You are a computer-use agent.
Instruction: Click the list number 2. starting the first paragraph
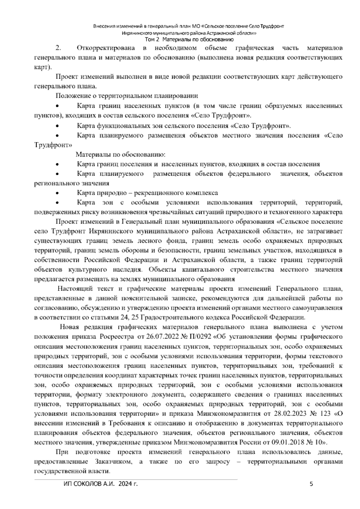(58, 48)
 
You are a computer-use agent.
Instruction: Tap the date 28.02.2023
(290, 414)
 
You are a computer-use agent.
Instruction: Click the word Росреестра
(115, 337)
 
